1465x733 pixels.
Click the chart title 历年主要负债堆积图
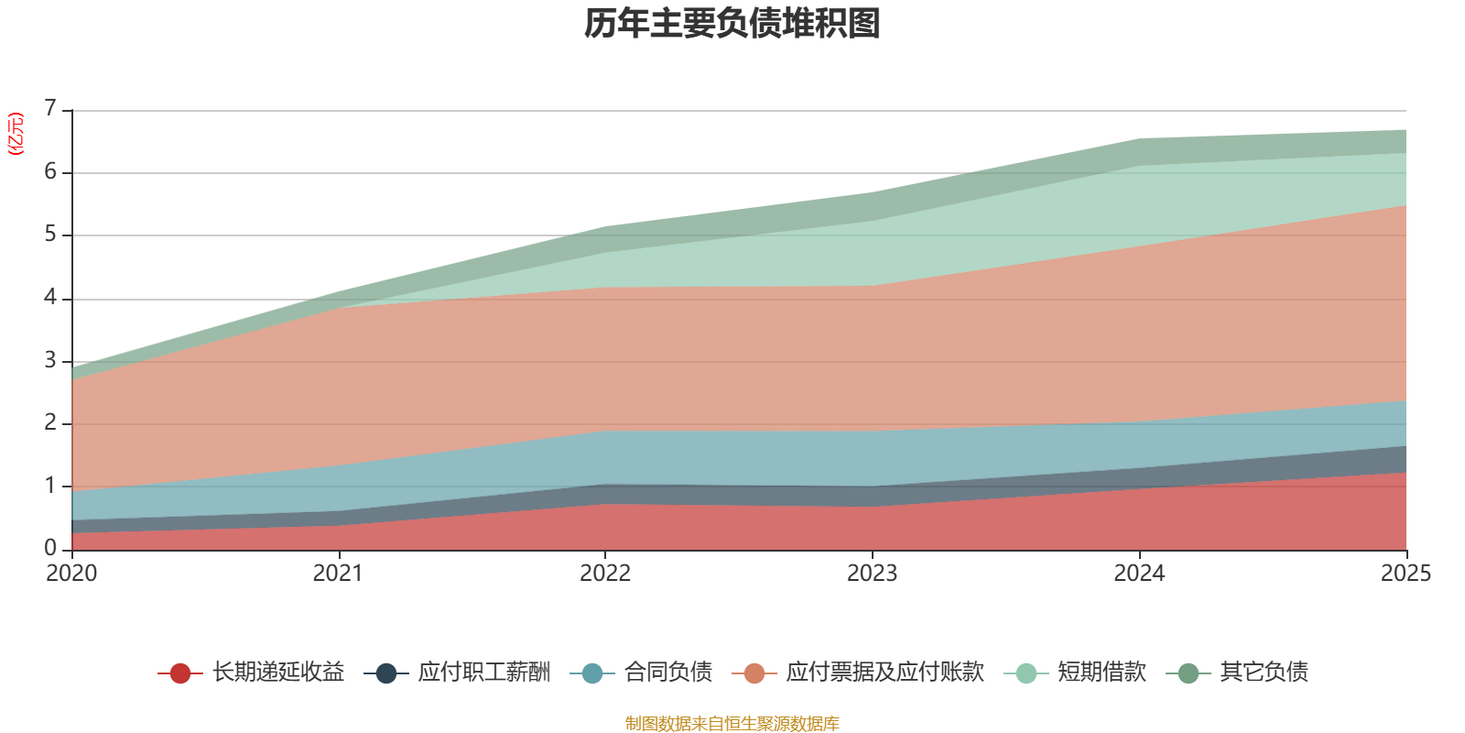[x=732, y=24]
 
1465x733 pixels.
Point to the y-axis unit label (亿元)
[x=16, y=134]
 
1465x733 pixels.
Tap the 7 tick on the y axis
[x=50, y=109]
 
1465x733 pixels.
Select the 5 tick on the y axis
[x=50, y=235]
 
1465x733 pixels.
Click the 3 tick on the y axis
[x=50, y=360]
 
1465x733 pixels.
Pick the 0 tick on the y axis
[x=50, y=548]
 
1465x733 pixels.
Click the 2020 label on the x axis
[x=71, y=574]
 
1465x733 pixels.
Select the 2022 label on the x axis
[x=605, y=574]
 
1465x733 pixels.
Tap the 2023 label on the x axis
[x=872, y=574]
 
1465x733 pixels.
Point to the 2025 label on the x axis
[x=1405, y=574]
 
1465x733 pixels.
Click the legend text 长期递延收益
[x=278, y=673]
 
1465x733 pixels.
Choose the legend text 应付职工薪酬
[x=484, y=673]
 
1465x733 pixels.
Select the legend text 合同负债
[x=668, y=673]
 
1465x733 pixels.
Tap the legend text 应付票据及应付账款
[x=884, y=673]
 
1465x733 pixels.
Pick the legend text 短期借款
[x=1101, y=673]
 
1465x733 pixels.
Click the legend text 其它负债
[x=1264, y=673]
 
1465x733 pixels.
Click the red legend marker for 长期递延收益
[x=180, y=673]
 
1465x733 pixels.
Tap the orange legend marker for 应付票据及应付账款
[x=754, y=673]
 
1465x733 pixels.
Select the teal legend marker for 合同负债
[x=592, y=673]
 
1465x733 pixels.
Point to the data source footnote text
[x=732, y=724]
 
